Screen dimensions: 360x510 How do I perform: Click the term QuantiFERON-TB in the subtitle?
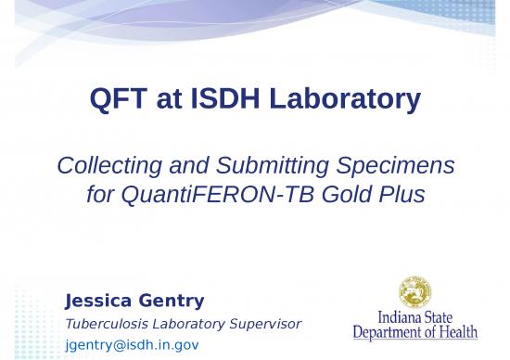[x=214, y=196]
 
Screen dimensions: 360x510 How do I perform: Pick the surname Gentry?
[x=172, y=301]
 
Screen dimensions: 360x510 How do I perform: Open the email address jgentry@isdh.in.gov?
[x=132, y=345]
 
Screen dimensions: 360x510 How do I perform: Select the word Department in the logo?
[x=394, y=332]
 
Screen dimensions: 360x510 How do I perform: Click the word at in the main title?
[x=170, y=99]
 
